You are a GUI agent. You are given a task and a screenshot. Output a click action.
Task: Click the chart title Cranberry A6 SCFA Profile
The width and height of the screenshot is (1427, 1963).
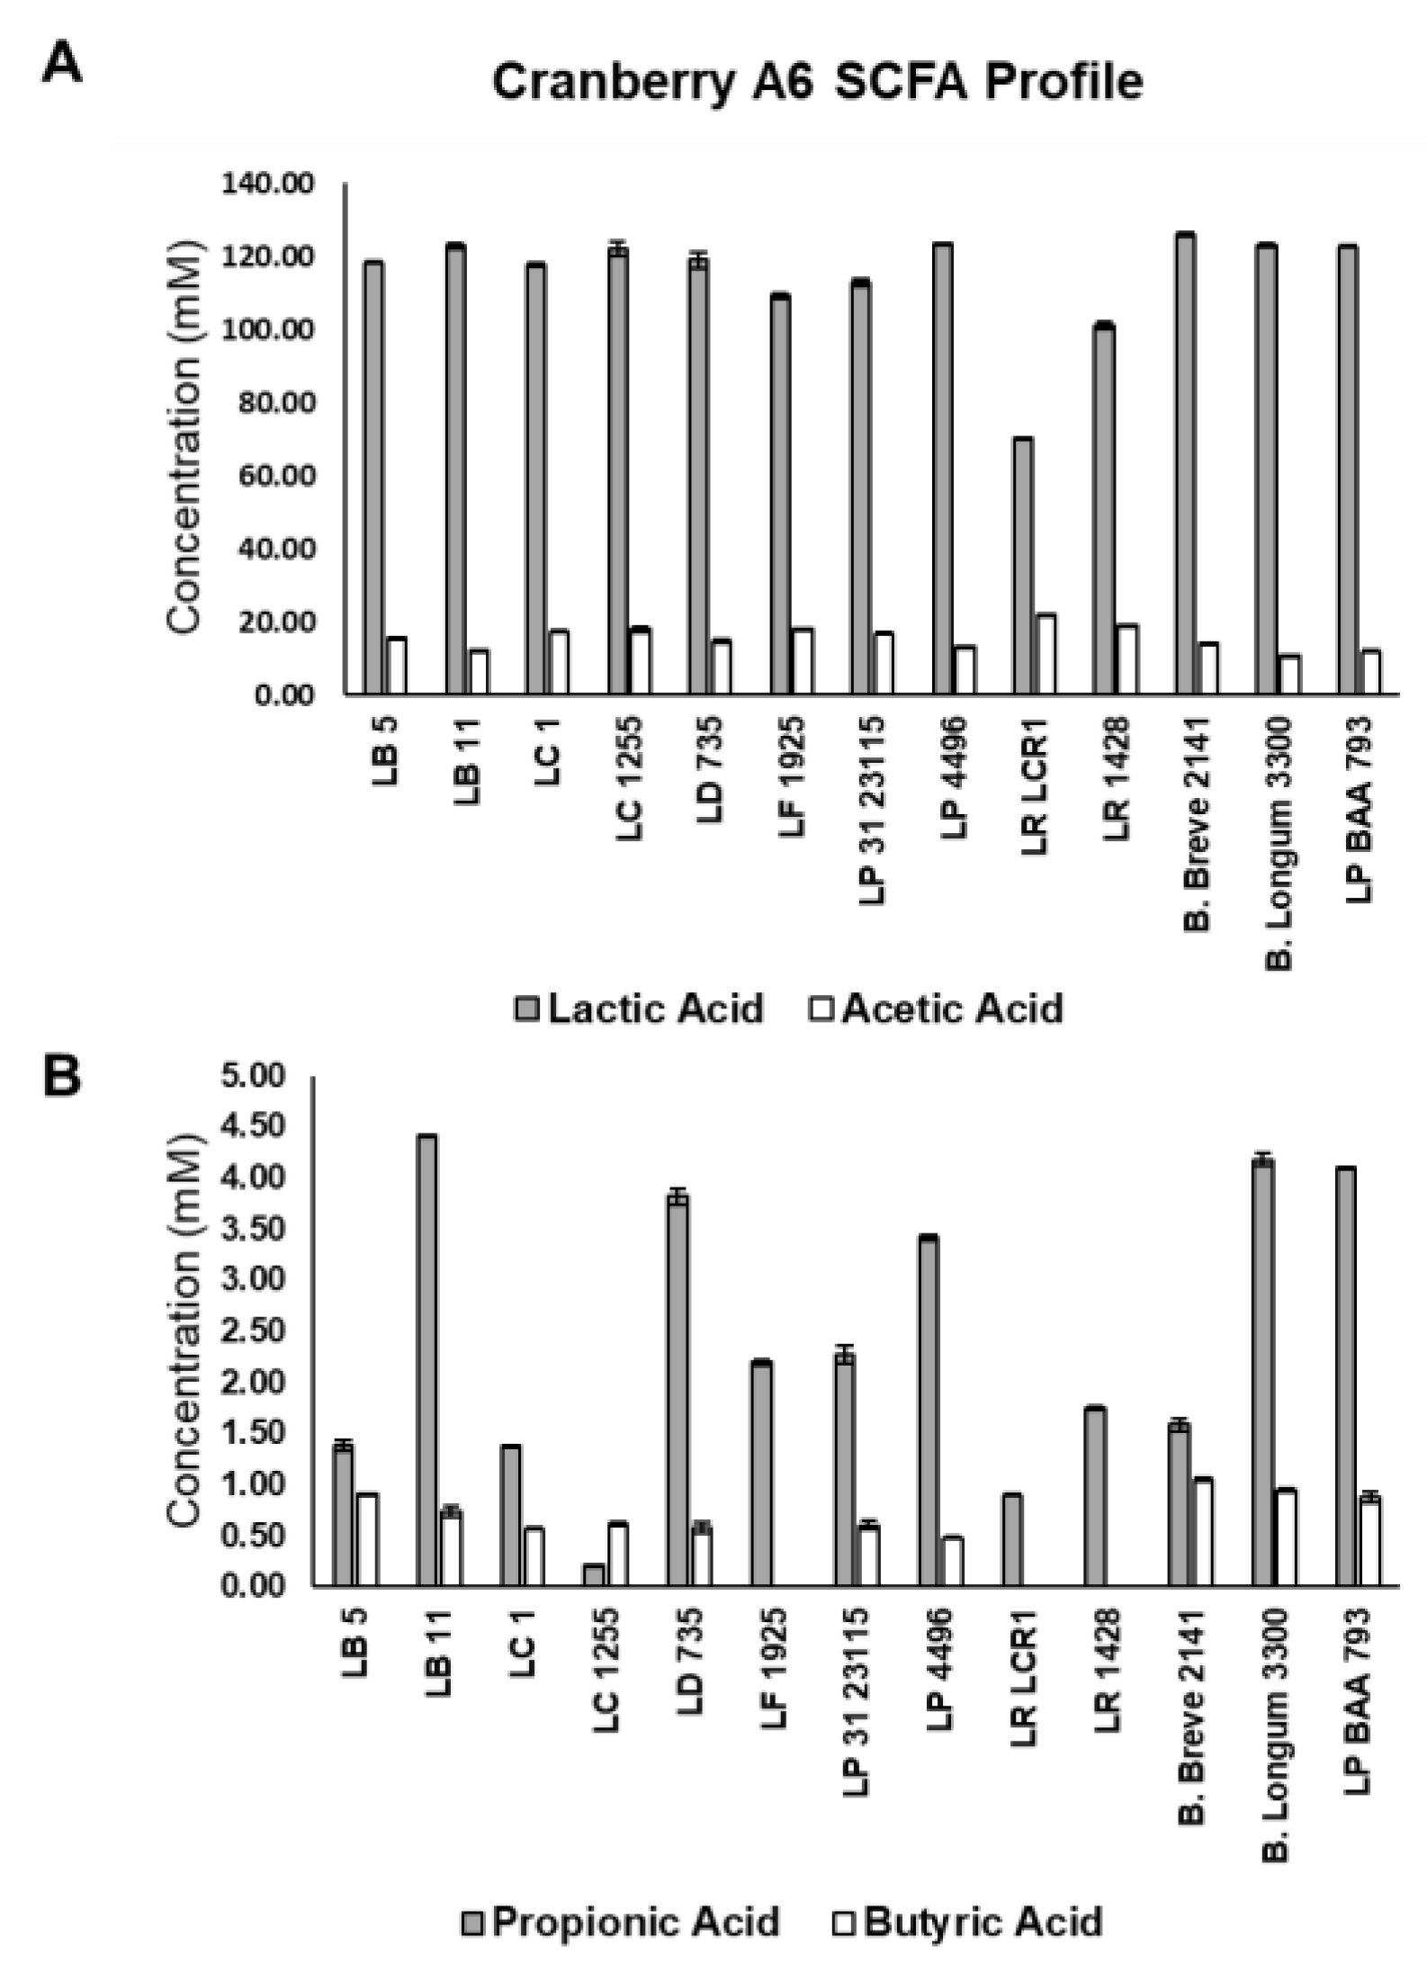click(817, 83)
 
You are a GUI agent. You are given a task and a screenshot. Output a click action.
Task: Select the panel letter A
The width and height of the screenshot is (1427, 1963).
click(62, 66)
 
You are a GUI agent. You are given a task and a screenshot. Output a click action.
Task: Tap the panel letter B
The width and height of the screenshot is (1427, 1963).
click(62, 1077)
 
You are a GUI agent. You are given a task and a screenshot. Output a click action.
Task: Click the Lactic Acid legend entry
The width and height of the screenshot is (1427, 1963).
click(641, 1008)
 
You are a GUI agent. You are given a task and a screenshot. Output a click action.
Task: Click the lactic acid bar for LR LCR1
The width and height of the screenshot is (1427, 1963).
click(1023, 567)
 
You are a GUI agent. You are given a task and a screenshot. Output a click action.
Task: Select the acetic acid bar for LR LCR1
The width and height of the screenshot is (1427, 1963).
click(1046, 655)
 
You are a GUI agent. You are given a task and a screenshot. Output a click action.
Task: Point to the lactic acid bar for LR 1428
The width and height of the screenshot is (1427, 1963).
click(1104, 509)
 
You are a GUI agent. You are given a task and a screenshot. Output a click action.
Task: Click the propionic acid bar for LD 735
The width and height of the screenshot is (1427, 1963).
click(678, 1390)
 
